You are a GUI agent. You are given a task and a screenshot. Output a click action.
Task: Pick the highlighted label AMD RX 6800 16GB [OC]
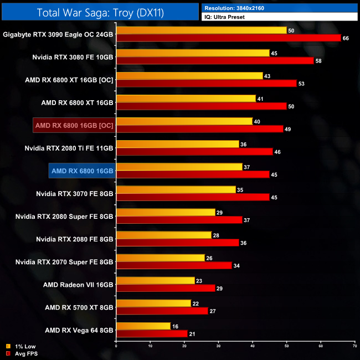[x=74, y=126]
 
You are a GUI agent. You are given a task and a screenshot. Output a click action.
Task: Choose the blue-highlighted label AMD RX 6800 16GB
[x=81, y=171]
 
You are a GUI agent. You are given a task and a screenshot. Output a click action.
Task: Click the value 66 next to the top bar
[x=346, y=38]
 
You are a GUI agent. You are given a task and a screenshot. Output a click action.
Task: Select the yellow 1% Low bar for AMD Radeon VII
[x=155, y=281]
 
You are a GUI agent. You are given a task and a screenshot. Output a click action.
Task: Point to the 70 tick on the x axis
[x=354, y=346]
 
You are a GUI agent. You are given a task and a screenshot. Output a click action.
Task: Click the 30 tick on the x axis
[x=218, y=346]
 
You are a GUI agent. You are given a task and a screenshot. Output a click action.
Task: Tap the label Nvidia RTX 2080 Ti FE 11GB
[x=69, y=148]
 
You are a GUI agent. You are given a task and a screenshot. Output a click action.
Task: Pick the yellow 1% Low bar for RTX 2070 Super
[x=161, y=258]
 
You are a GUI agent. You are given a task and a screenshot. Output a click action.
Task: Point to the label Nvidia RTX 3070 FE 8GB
[x=74, y=194]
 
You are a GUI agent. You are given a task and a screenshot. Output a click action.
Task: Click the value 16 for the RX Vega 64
[x=175, y=327]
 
